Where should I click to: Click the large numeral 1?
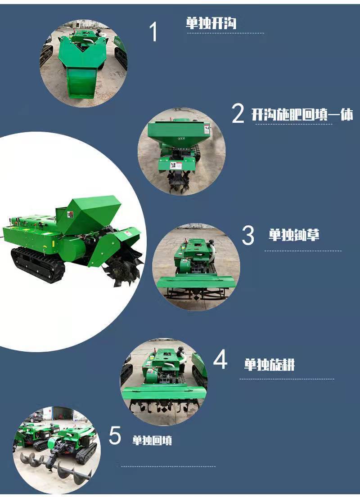click(153, 32)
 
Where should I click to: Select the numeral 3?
click(248, 235)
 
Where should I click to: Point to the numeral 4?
click(220, 359)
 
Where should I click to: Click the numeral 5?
click(115, 435)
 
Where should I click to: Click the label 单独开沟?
click(211, 23)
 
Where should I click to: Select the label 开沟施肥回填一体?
click(302, 114)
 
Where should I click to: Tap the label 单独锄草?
click(294, 235)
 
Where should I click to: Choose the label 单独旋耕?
click(269, 365)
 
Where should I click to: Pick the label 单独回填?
click(152, 440)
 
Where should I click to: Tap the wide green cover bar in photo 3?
click(196, 282)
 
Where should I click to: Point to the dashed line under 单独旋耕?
click(287, 379)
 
